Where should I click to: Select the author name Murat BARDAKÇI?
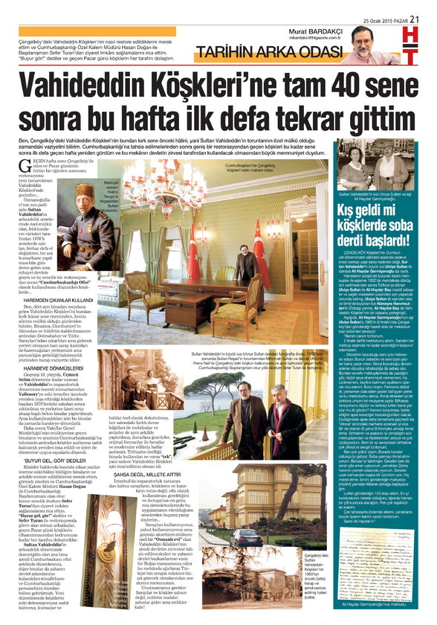point(314,31)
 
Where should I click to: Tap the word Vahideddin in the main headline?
point(101,86)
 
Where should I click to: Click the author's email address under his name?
point(317,38)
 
